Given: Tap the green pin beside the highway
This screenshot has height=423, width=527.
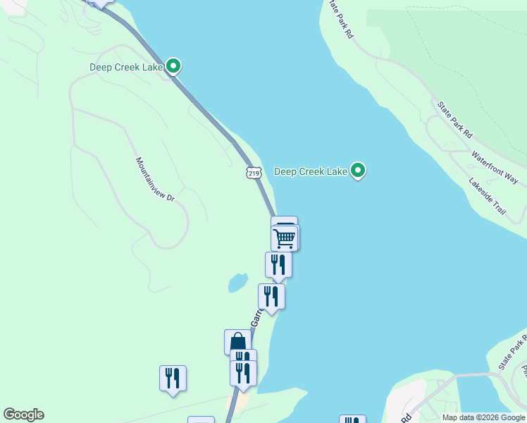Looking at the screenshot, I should [173, 67].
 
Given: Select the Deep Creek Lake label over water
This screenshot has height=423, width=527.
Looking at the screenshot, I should [311, 171].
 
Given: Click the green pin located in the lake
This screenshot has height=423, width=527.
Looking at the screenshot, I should [358, 171].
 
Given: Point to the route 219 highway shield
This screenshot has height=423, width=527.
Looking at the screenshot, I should [254, 172].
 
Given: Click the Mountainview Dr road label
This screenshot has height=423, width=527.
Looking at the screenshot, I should [155, 180].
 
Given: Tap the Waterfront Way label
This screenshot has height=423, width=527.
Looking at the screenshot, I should [495, 167].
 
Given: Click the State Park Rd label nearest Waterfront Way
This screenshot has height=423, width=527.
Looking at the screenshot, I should [454, 119].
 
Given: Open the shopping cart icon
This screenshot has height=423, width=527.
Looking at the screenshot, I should [285, 238].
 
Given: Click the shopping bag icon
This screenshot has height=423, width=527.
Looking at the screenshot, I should [237, 342].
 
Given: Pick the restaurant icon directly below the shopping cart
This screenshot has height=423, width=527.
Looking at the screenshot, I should [278, 265].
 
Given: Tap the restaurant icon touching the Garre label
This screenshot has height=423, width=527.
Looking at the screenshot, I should [271, 296].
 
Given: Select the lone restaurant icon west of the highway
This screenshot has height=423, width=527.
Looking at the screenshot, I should [173, 378].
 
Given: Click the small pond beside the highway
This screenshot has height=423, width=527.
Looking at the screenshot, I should [237, 283].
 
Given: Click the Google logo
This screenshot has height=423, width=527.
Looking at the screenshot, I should [23, 415].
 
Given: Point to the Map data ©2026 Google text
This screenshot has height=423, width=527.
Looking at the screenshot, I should [483, 417].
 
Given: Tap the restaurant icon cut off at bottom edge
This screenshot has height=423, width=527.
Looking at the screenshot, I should [352, 419].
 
